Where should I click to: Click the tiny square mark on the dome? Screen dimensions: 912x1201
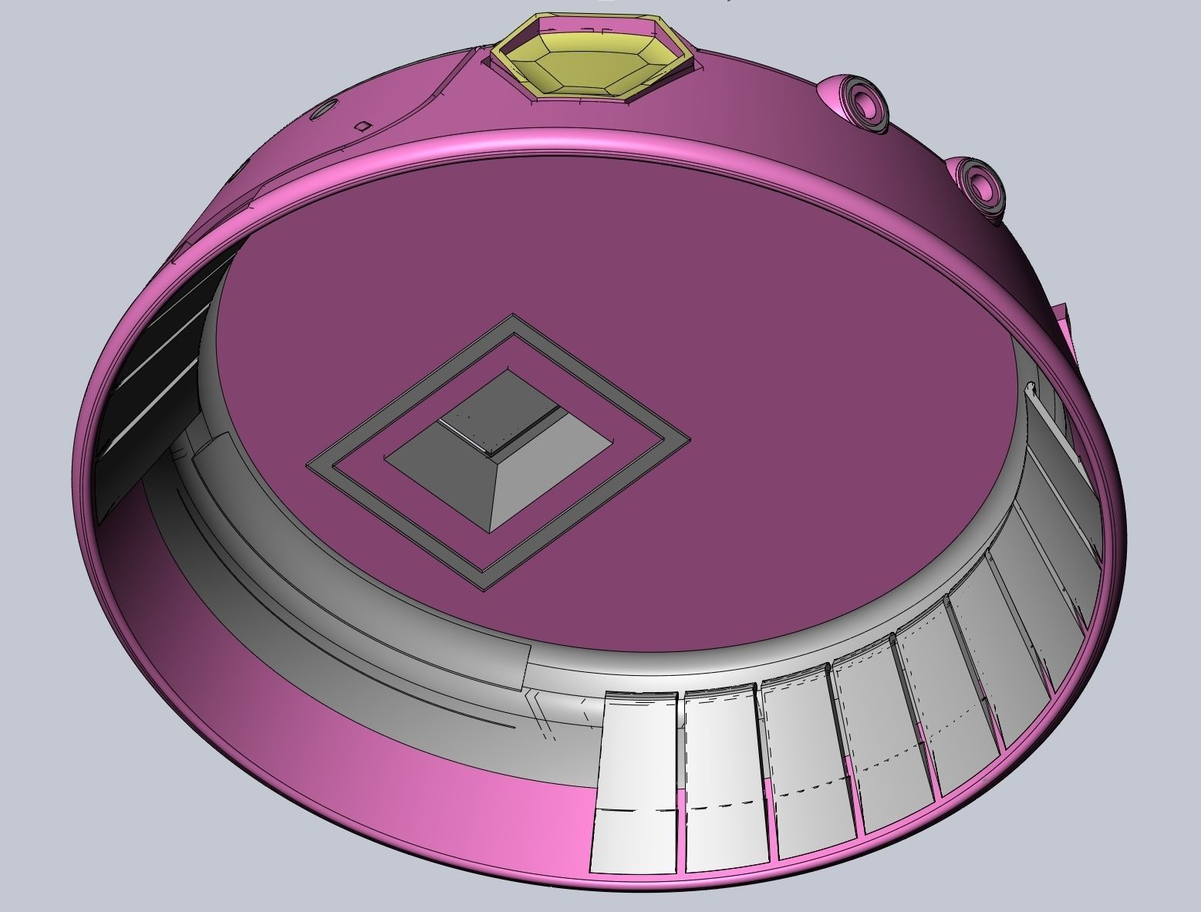click(363, 126)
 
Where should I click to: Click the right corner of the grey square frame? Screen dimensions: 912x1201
click(687, 440)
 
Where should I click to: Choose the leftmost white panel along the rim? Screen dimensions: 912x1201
click(636, 779)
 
